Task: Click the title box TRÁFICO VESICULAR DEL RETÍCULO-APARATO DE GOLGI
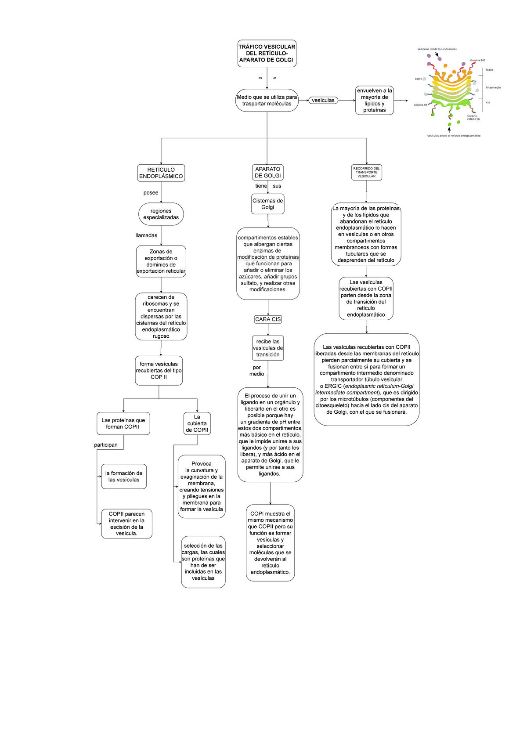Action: (267, 53)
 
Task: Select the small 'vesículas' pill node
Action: (323, 100)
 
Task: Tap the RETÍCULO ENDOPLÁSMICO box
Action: (161, 173)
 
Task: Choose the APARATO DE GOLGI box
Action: (267, 172)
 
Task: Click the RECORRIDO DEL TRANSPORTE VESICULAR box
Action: (366, 172)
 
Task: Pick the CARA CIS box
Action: (268, 319)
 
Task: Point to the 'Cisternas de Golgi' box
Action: (267, 204)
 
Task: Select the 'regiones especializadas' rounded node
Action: (161, 214)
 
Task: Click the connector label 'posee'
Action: (151, 193)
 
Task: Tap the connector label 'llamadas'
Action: (146, 235)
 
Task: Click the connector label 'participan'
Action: (106, 445)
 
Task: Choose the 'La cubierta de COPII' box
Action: (197, 423)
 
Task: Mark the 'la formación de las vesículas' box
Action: (124, 477)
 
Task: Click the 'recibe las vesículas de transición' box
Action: (268, 348)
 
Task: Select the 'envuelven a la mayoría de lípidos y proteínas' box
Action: (374, 100)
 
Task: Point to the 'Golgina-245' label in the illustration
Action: (477, 60)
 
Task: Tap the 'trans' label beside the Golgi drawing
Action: (489, 70)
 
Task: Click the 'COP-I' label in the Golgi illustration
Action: (419, 79)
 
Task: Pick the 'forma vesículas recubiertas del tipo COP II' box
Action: (159, 370)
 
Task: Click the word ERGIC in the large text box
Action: (333, 386)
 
